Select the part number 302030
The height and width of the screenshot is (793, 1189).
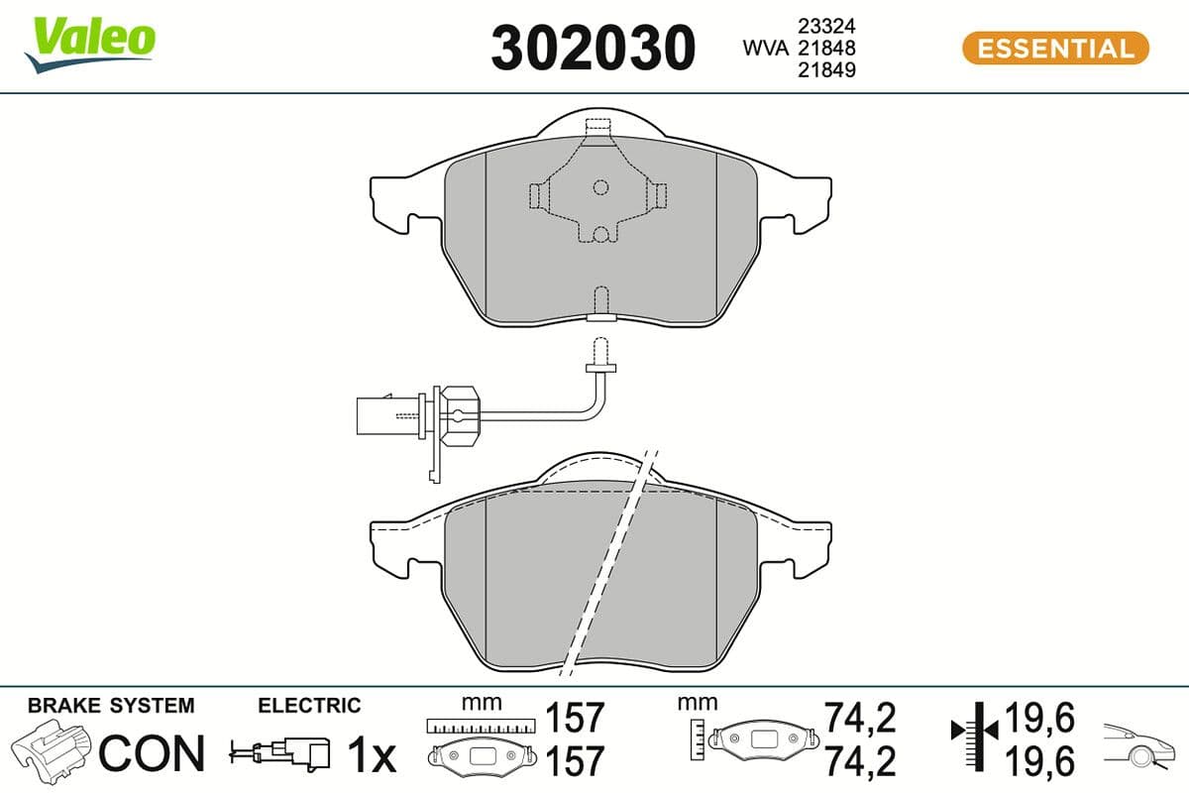[593, 48]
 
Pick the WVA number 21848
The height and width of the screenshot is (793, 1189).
[828, 48]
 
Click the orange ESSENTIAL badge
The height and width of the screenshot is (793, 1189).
[1055, 48]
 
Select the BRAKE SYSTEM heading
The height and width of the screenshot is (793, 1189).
[111, 706]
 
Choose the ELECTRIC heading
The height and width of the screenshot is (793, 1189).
[309, 706]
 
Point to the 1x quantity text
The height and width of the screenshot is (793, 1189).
[372, 755]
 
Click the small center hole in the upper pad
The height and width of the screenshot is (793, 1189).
[599, 186]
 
